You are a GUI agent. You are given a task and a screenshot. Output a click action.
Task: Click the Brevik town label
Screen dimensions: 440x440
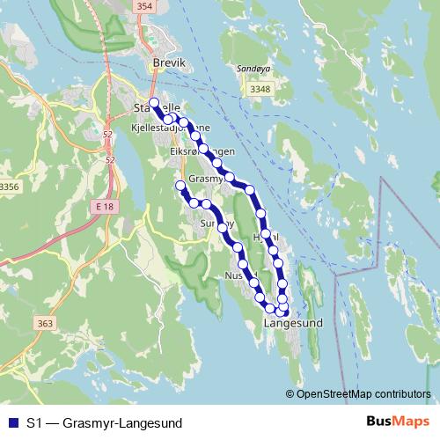pyautogui.click(x=170, y=64)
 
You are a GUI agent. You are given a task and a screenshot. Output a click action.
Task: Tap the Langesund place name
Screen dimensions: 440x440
pyautogui.click(x=293, y=323)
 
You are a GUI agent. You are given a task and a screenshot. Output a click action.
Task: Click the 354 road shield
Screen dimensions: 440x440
pyautogui.click(x=144, y=6)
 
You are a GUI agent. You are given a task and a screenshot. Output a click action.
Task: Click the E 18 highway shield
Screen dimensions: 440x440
pyautogui.click(x=105, y=206)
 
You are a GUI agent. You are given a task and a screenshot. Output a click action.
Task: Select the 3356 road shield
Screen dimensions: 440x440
pyautogui.click(x=9, y=187)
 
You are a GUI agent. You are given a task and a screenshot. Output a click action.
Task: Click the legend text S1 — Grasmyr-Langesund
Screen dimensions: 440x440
pyautogui.click(x=103, y=423)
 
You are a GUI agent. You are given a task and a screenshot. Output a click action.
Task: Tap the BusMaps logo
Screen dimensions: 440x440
pyautogui.click(x=398, y=422)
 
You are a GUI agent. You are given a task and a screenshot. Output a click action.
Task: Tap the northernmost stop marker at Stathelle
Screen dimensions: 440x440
pyautogui.click(x=154, y=103)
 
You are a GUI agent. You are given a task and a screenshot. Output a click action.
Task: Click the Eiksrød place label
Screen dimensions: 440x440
pyautogui.click(x=185, y=150)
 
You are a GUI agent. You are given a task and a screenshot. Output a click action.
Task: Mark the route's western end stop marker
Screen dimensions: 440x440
pyautogui.click(x=180, y=185)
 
